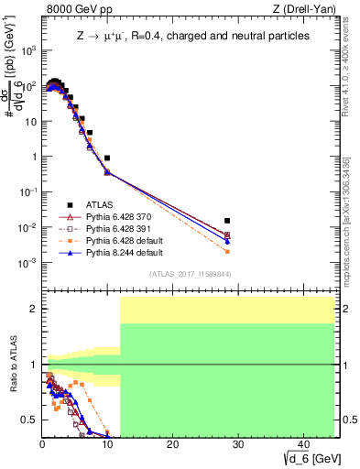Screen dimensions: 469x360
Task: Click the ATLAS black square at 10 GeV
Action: tap(107, 158)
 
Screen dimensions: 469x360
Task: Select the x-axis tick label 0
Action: tap(42, 443)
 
